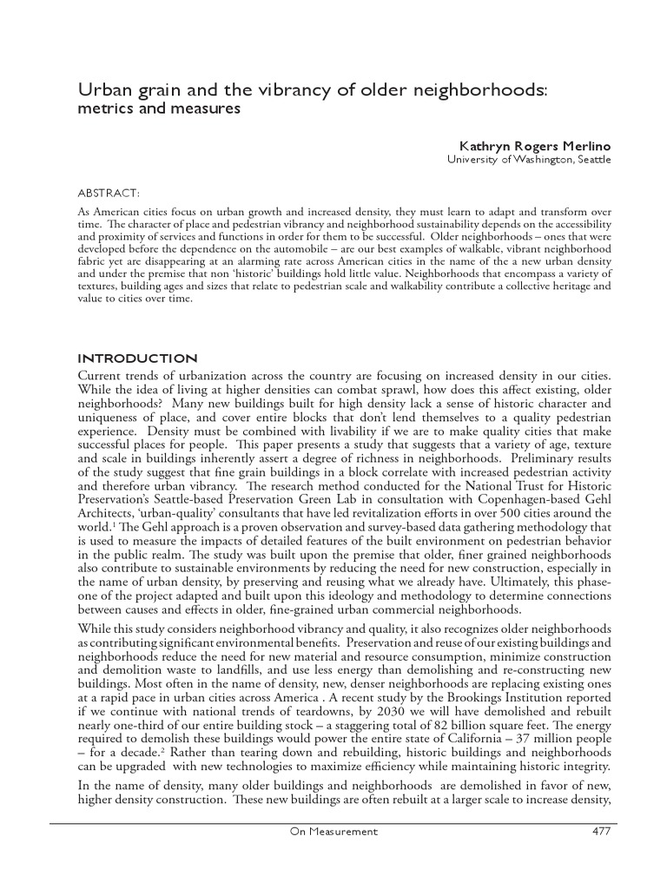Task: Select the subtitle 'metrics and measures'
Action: click(159, 109)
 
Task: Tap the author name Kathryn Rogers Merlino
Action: click(534, 146)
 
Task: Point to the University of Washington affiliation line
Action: click(529, 160)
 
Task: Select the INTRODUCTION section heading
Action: click(138, 359)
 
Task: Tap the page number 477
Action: click(599, 831)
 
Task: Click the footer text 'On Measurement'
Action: click(333, 831)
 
